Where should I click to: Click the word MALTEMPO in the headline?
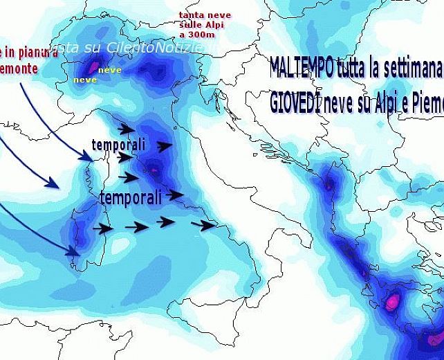[x=302, y=67]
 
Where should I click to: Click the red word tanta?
[x=191, y=15]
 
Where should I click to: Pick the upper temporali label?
[x=118, y=145]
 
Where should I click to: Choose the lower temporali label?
[x=131, y=197]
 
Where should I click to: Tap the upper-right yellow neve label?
[x=110, y=70]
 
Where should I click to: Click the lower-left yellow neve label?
[x=85, y=80]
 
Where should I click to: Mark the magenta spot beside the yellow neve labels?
[x=93, y=68]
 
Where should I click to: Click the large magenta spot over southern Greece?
[x=394, y=301]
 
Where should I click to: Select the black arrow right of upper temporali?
[x=164, y=146]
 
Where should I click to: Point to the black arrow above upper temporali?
[x=126, y=129]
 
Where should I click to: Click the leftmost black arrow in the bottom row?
[x=102, y=228]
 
